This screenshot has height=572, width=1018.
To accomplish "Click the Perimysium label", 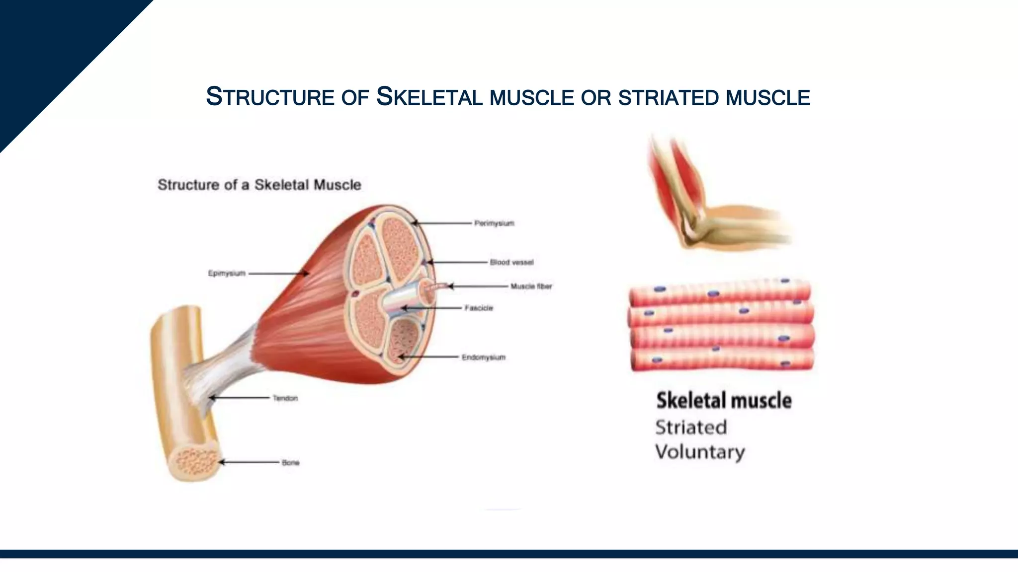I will [494, 223].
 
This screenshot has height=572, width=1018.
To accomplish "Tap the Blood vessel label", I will [511, 262].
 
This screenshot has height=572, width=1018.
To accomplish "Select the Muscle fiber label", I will [531, 286].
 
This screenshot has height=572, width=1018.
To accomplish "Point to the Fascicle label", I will [479, 308].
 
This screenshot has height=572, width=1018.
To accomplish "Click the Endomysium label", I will [483, 357].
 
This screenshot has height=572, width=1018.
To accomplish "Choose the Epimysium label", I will [227, 273].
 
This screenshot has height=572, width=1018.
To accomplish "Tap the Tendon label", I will [285, 398].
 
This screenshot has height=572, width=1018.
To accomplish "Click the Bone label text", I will [290, 463].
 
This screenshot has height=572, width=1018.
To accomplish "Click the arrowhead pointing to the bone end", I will [222, 462].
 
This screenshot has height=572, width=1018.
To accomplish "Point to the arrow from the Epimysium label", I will [278, 273].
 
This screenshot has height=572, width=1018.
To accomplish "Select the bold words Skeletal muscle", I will [724, 401].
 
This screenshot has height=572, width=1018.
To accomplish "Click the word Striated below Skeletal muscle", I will [691, 428].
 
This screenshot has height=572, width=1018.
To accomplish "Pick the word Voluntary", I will [700, 452].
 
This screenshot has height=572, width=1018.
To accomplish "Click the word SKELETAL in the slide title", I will [429, 97].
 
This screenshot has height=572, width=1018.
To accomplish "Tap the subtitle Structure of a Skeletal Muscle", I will [259, 185].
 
